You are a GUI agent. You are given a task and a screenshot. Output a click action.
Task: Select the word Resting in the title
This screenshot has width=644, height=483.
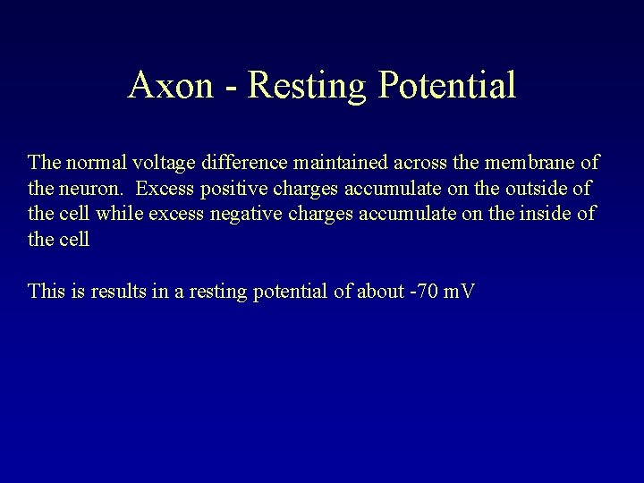click(x=302, y=86)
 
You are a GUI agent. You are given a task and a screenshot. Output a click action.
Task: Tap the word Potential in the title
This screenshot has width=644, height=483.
click(x=447, y=86)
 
